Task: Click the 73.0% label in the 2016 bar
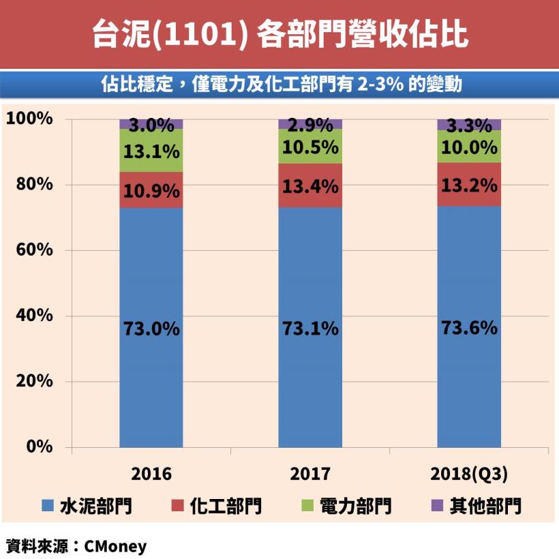(151, 329)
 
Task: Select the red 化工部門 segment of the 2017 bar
(310, 185)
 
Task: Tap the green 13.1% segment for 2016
(151, 151)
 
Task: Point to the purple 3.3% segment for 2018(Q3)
(469, 125)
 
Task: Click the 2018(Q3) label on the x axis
(469, 474)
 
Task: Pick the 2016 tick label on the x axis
(151, 474)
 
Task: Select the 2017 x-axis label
(310, 474)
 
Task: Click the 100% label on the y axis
(29, 119)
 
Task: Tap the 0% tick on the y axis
(37, 447)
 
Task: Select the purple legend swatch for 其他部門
(438, 505)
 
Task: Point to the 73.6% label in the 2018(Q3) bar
(469, 328)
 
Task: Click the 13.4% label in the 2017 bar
(310, 185)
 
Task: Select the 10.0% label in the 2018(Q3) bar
(469, 147)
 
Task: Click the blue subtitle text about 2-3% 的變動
(279, 85)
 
